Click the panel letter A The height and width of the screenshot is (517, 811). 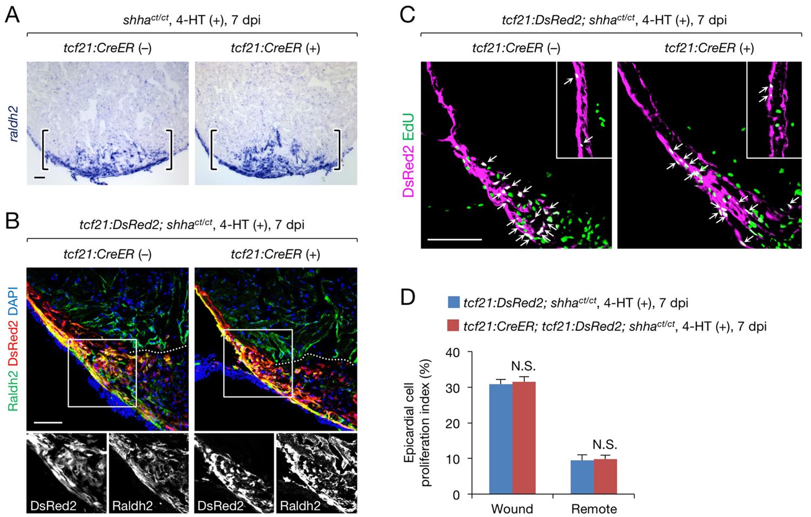(x=12, y=15)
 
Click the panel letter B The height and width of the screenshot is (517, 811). (x=12, y=221)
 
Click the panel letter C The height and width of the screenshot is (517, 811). (x=407, y=15)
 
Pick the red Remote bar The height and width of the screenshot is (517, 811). (x=605, y=476)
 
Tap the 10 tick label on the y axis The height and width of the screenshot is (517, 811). (x=453, y=459)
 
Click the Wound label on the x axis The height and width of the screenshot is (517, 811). (x=512, y=509)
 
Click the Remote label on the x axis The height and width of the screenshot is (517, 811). (x=594, y=509)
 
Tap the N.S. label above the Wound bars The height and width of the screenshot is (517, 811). (x=523, y=367)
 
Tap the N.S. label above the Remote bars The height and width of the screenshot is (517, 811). (x=605, y=445)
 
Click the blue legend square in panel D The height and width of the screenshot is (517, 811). (x=454, y=302)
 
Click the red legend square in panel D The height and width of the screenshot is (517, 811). (x=454, y=326)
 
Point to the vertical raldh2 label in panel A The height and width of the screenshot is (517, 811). (x=14, y=124)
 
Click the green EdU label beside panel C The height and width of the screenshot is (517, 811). (x=409, y=128)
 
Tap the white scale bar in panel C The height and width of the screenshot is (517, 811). (x=454, y=238)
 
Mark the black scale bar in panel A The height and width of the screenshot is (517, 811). (x=39, y=177)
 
